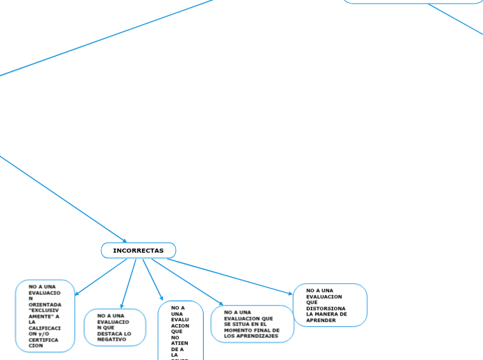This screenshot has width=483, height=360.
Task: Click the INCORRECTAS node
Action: coord(139,250)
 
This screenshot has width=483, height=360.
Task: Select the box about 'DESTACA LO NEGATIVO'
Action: coord(114,327)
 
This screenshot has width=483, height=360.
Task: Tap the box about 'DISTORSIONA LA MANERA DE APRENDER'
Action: coord(330,305)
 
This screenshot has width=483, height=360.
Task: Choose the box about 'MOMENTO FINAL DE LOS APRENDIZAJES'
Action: coord(252,324)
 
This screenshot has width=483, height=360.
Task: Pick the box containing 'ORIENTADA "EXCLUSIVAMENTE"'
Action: coord(45,316)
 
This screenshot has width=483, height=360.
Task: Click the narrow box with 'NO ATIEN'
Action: coord(180,331)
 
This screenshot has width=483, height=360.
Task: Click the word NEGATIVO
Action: coord(112,339)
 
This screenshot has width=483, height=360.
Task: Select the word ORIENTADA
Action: coord(45,304)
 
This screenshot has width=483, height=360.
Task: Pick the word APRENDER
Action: coord(321,321)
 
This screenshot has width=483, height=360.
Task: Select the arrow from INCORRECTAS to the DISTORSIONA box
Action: coord(229,277)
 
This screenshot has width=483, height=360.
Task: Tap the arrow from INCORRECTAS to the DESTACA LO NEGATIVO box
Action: coord(129,283)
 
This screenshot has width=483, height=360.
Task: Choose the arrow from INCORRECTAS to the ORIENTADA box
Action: coord(101,277)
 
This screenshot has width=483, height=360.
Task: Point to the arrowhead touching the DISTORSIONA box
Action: coord(290,294)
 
